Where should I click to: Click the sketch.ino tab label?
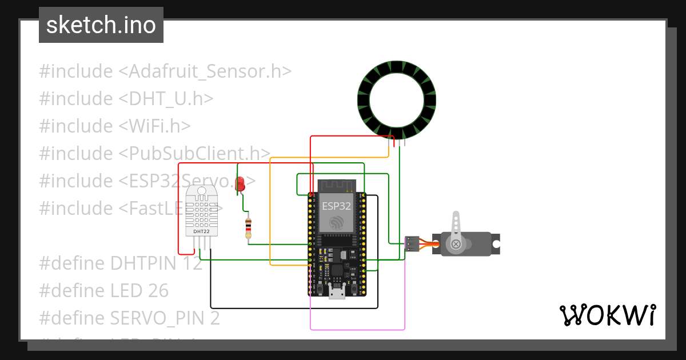(101, 25)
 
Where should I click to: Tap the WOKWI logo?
(607, 315)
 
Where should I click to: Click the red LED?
(240, 183)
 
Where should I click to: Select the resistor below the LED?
(248, 227)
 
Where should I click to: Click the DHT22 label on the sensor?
(201, 231)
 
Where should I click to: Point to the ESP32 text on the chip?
(336, 206)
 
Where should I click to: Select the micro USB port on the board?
(337, 293)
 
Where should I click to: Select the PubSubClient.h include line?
(154, 153)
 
